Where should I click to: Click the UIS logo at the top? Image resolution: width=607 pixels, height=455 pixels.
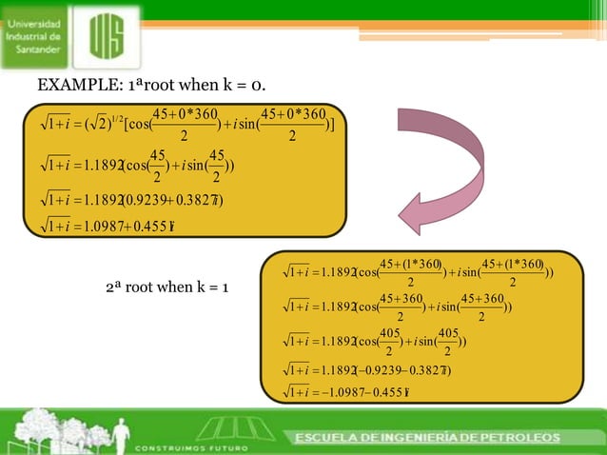113,38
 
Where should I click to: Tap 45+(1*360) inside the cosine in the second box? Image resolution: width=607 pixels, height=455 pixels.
411,265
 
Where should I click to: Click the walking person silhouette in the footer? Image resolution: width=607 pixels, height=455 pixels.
121,433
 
